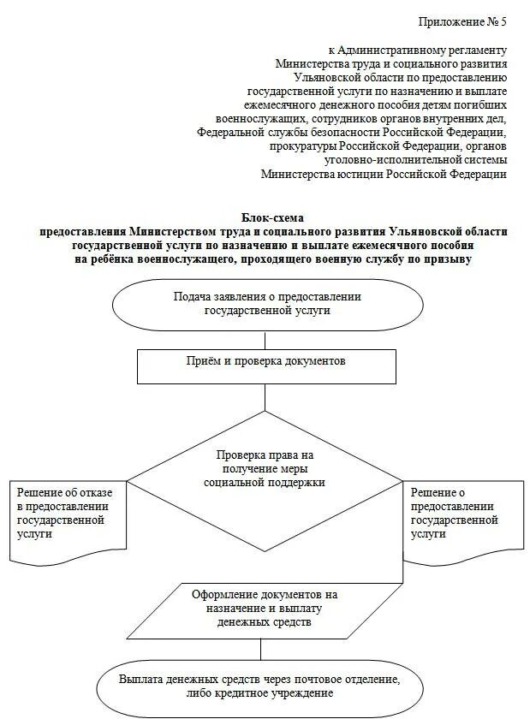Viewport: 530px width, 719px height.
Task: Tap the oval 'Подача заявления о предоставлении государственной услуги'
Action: click(267, 304)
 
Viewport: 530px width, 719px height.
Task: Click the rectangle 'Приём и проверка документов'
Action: click(267, 362)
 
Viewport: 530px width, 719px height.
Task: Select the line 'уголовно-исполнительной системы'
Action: click(416, 160)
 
